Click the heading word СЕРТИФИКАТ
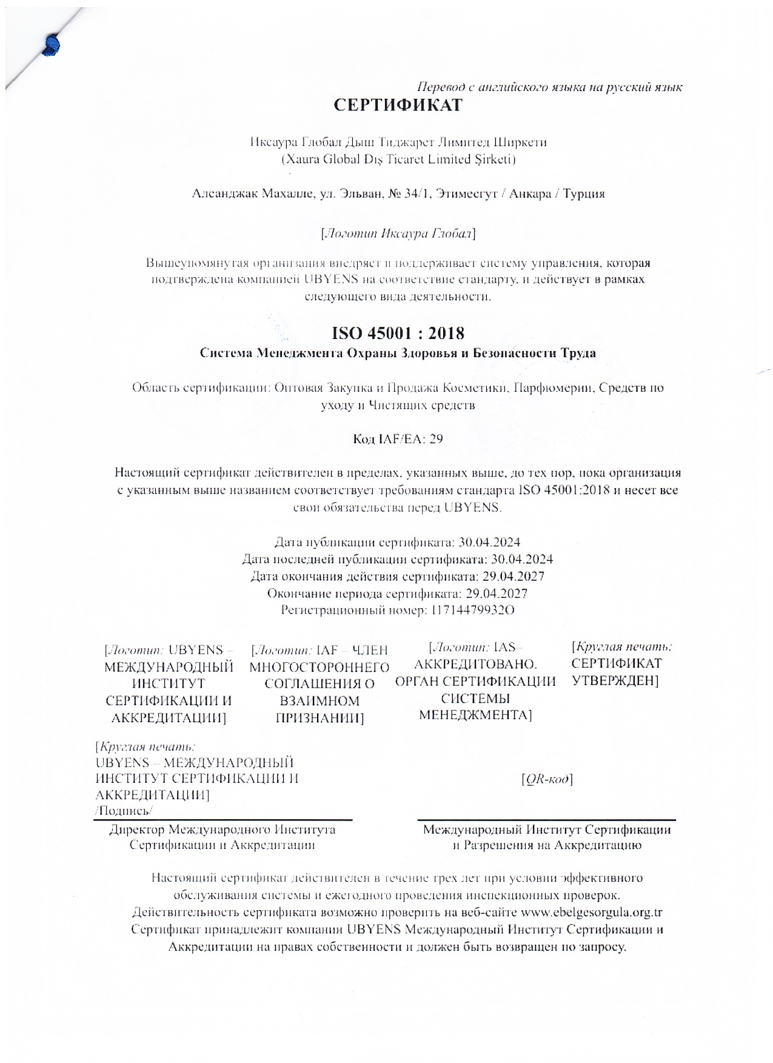[398, 105]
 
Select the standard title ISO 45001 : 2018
[398, 333]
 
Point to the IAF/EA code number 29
[436, 438]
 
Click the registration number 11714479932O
[472, 610]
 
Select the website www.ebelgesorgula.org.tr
[592, 912]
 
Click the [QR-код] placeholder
[547, 779]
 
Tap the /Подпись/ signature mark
[124, 811]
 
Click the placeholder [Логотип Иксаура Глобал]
[398, 233]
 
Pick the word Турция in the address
[584, 194]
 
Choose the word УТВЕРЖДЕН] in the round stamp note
[615, 680]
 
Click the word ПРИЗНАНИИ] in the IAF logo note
[320, 719]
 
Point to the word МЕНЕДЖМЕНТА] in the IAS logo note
[475, 715]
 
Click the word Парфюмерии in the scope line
[552, 387]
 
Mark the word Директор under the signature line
[136, 830]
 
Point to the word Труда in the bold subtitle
[578, 353]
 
